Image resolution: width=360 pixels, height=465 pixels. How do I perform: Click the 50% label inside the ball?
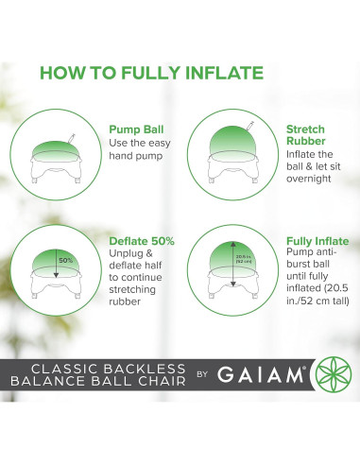point(65,259)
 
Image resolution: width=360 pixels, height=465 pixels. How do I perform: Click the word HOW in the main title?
point(64,73)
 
